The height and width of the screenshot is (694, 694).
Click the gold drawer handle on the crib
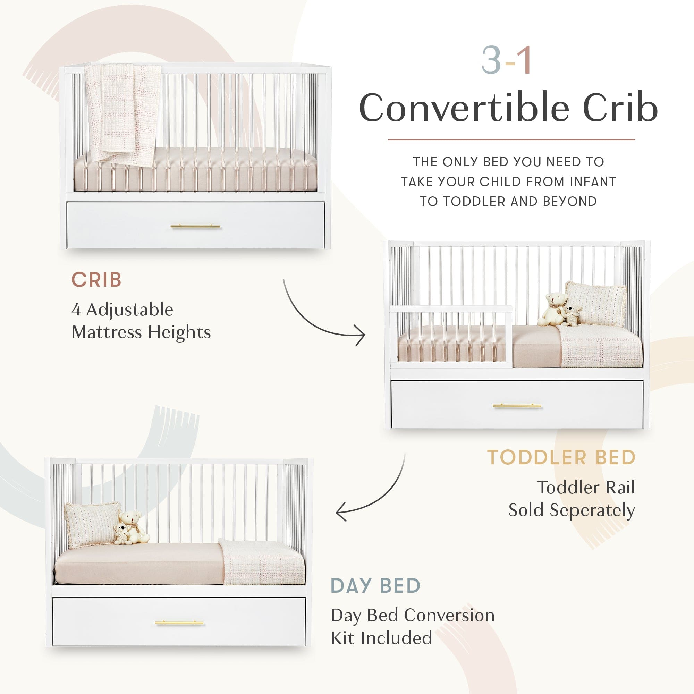[195, 227]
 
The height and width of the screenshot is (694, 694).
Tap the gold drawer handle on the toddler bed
[517, 406]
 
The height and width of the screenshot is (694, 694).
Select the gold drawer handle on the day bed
[180, 623]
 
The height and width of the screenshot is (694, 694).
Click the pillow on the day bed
[92, 524]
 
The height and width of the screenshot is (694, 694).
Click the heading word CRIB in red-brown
[96, 280]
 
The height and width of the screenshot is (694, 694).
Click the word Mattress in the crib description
[107, 332]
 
